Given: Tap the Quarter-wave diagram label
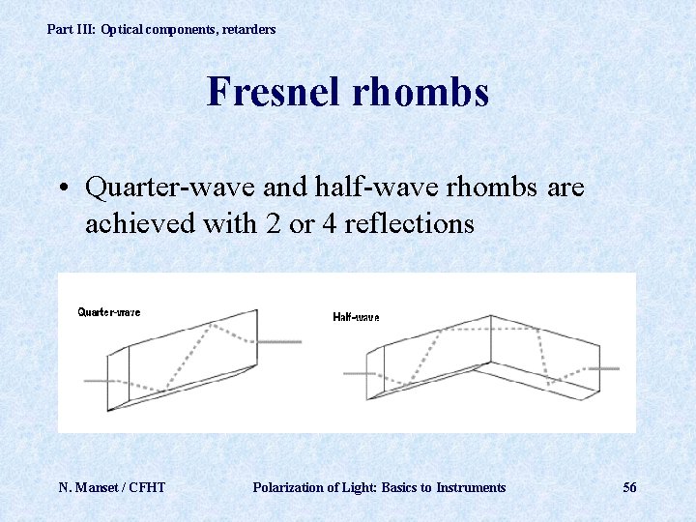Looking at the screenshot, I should coord(108,311).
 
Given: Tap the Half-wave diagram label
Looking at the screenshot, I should coord(356,317).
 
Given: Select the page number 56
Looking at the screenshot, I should coord(629,487).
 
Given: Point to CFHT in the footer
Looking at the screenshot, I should coord(146,487).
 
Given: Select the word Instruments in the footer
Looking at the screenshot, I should coord(470,487).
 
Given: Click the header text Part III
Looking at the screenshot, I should coord(72,30).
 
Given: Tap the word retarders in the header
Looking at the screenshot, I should coord(248,30).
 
